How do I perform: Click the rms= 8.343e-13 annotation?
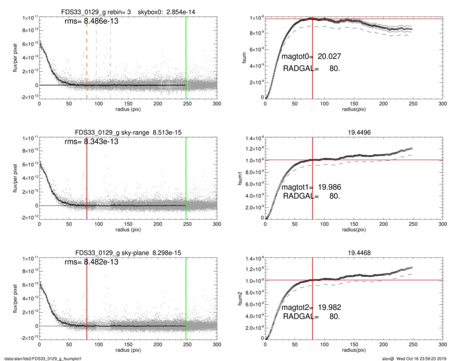91,141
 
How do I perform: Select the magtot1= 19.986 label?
308,187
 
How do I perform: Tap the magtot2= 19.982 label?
308,307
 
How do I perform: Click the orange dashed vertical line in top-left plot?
87,61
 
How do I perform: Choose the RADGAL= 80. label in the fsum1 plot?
311,196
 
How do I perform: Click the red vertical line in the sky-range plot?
87,178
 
